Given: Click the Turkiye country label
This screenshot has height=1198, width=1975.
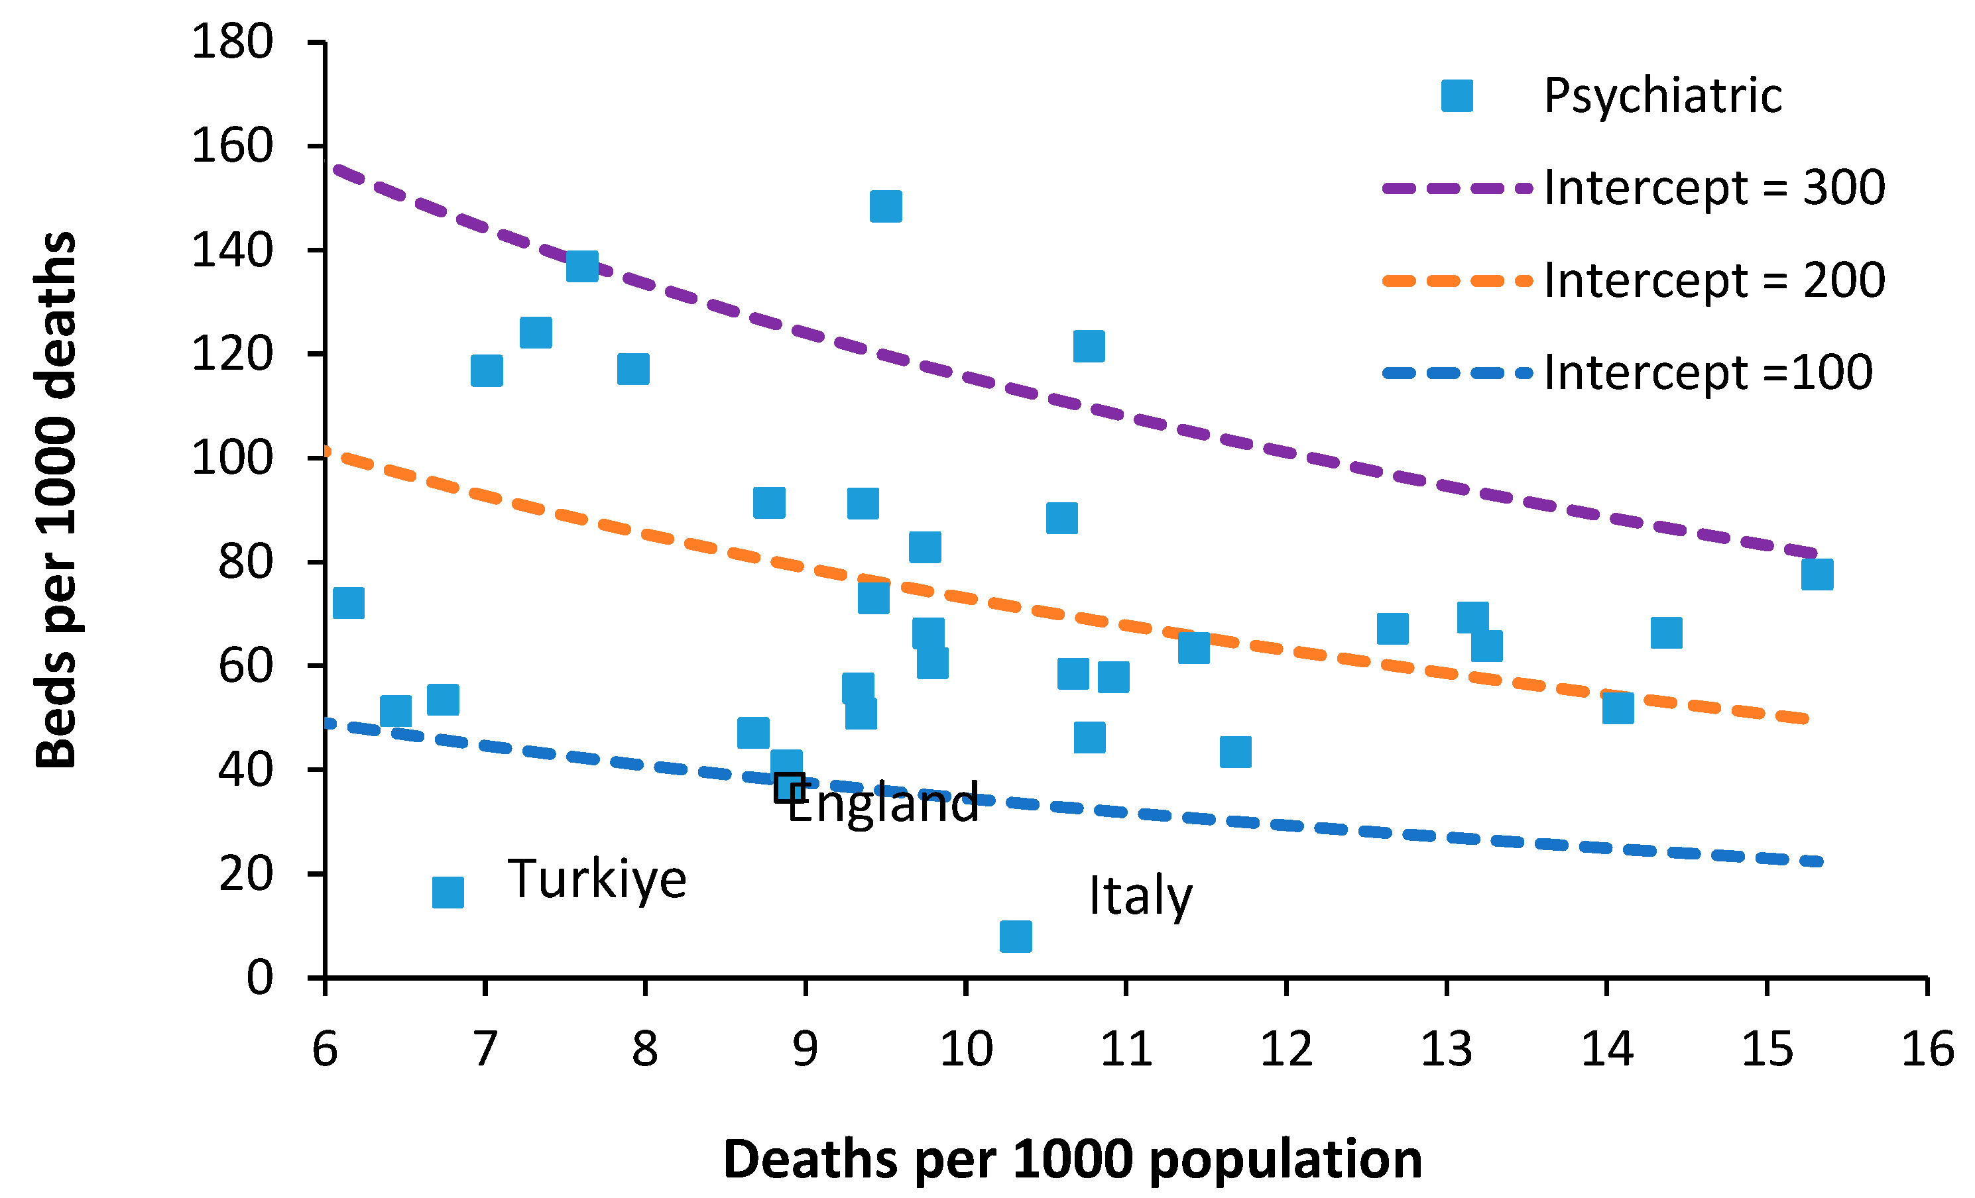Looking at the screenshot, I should tap(597, 880).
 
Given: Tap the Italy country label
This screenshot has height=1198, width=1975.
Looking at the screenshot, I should tap(1140, 896).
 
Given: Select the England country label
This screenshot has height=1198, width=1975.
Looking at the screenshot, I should tap(882, 803).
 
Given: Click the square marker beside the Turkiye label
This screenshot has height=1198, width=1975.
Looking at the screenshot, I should tap(448, 892).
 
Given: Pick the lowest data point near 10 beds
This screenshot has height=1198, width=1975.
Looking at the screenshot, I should tap(1016, 936).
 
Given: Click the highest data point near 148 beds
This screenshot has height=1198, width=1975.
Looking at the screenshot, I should tap(886, 207).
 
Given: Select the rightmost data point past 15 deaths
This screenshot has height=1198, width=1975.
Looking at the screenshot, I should tap(1817, 574).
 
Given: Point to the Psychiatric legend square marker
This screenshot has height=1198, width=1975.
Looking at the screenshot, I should tap(1457, 96).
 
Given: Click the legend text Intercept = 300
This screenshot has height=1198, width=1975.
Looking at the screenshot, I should tap(1714, 188).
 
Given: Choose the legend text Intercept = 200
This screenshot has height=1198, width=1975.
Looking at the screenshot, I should tap(1714, 280).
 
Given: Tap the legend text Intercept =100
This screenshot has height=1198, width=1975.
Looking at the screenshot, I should tap(1707, 372).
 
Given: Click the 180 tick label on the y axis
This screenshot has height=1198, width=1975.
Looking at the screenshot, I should tap(233, 42).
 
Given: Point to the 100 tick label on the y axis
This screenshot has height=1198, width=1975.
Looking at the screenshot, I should tap(233, 459).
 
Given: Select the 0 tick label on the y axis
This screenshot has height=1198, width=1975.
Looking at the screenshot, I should tap(259, 977).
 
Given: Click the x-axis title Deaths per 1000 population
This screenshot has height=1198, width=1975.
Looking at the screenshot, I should tap(1073, 1160).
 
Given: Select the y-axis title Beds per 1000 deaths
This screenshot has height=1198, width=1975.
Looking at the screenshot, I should tap(56, 501).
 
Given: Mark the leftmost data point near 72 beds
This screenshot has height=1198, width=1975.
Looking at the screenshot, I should tap(349, 602).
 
